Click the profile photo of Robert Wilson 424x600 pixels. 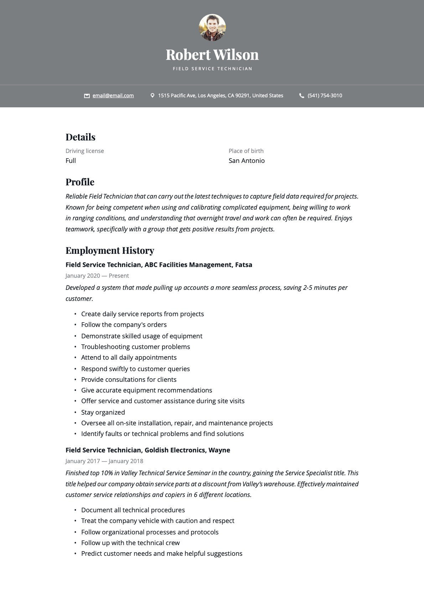(x=212, y=27)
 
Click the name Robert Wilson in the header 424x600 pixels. (x=212, y=55)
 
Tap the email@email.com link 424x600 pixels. (x=113, y=96)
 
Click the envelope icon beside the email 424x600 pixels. (x=87, y=96)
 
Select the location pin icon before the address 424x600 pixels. (x=152, y=96)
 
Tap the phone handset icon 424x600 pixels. (x=301, y=96)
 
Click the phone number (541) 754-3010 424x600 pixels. (x=325, y=96)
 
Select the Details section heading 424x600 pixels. (x=81, y=137)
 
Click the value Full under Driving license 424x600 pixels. (x=71, y=161)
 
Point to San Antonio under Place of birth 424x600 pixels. (x=247, y=161)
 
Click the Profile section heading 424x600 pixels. (x=80, y=182)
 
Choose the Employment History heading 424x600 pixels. (x=110, y=251)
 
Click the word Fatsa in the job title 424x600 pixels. (x=244, y=265)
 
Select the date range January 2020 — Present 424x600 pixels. (x=97, y=276)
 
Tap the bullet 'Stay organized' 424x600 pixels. (x=103, y=412)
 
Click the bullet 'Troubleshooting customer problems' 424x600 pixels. (x=135, y=347)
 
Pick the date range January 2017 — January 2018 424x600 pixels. (x=104, y=461)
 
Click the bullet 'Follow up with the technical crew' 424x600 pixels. (x=130, y=543)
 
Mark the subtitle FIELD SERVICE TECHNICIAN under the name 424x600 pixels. (x=212, y=69)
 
